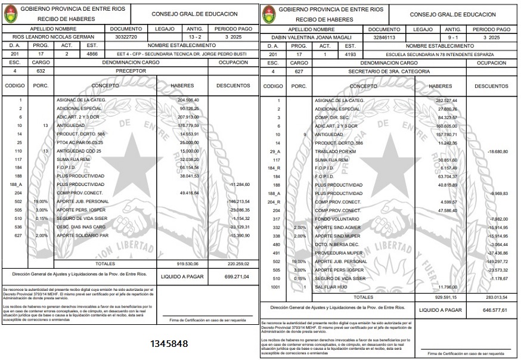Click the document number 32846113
click(x=384, y=37)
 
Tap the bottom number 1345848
click(x=169, y=344)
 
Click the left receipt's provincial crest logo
click(x=11, y=14)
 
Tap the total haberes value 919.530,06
click(x=188, y=263)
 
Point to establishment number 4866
click(x=92, y=54)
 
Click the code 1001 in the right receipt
click(x=275, y=287)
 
